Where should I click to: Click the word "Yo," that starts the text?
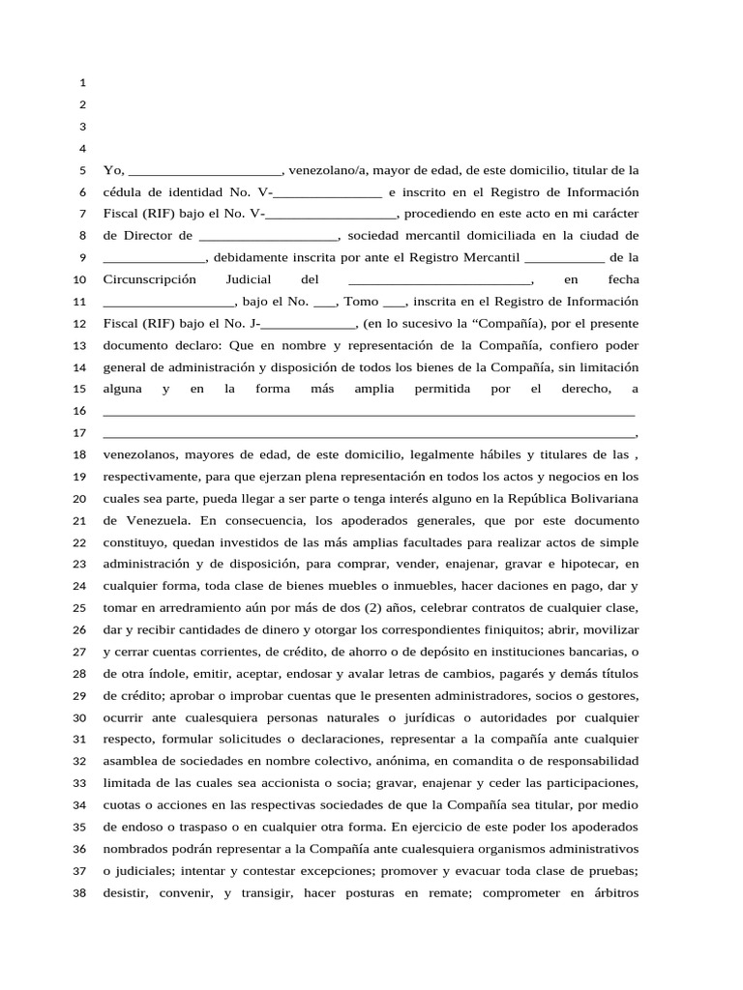click(112, 170)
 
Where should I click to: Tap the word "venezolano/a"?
click(327, 170)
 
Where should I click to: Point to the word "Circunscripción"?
click(149, 279)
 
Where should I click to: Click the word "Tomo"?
click(361, 302)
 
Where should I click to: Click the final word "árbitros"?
click(606, 892)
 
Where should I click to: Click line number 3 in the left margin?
click(83, 127)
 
